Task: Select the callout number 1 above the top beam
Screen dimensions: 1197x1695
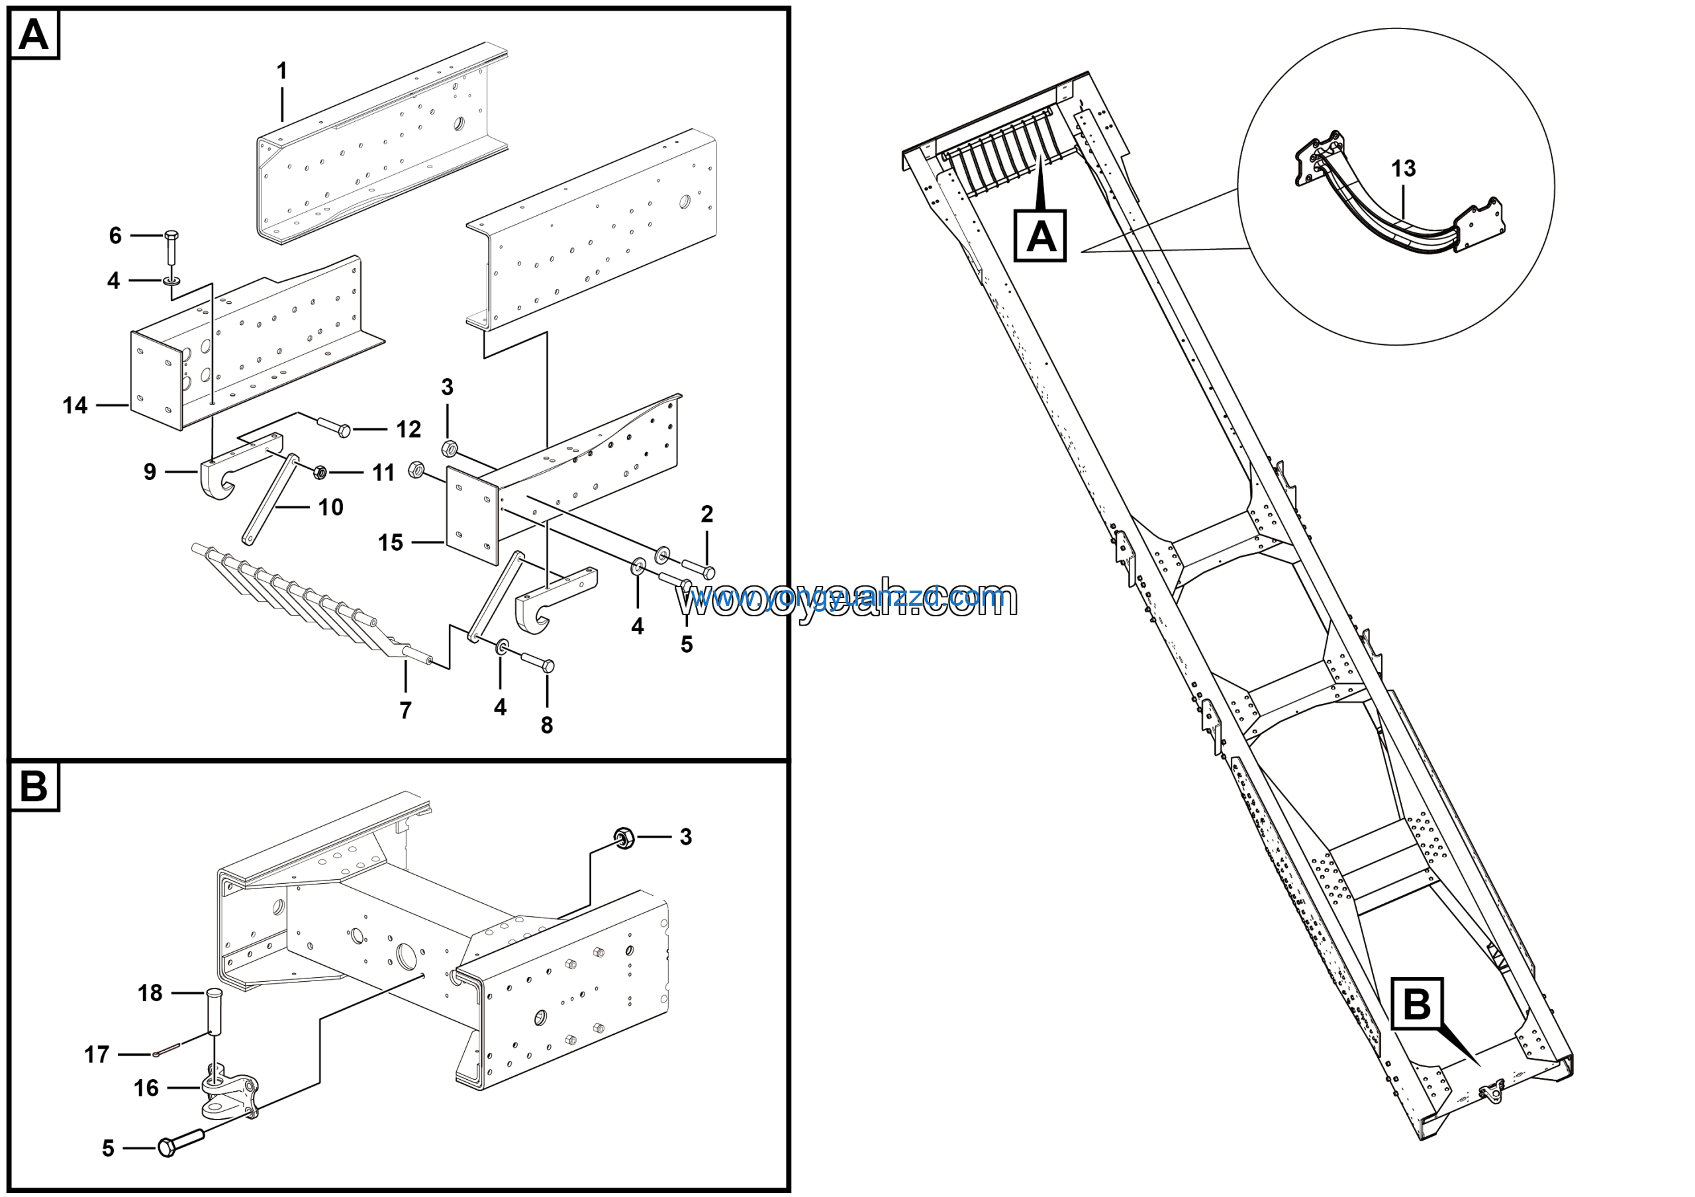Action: pos(281,71)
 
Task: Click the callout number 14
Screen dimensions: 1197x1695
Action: pos(75,405)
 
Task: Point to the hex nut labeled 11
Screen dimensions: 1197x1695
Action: pos(320,471)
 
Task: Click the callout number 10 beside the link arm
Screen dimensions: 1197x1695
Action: pos(331,507)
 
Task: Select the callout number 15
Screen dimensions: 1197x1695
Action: pos(391,542)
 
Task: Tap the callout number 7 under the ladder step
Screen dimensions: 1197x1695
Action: pos(405,710)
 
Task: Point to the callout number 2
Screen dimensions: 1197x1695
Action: pos(706,514)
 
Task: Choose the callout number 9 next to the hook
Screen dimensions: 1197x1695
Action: pos(150,471)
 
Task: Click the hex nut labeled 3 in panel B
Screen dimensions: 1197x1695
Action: pos(624,837)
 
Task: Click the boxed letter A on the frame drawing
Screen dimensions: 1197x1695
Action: pos(1040,236)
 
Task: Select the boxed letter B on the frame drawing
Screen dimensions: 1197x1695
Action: pos(1416,1004)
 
